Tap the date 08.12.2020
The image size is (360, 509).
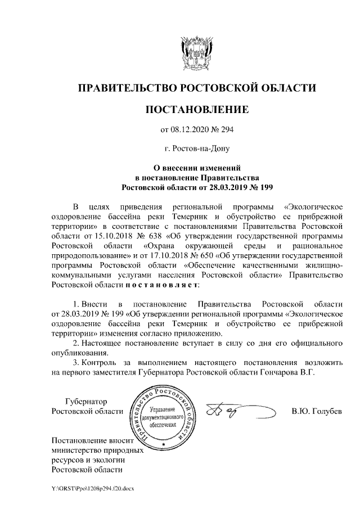point(188,130)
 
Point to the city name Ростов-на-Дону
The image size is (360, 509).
point(196,149)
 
